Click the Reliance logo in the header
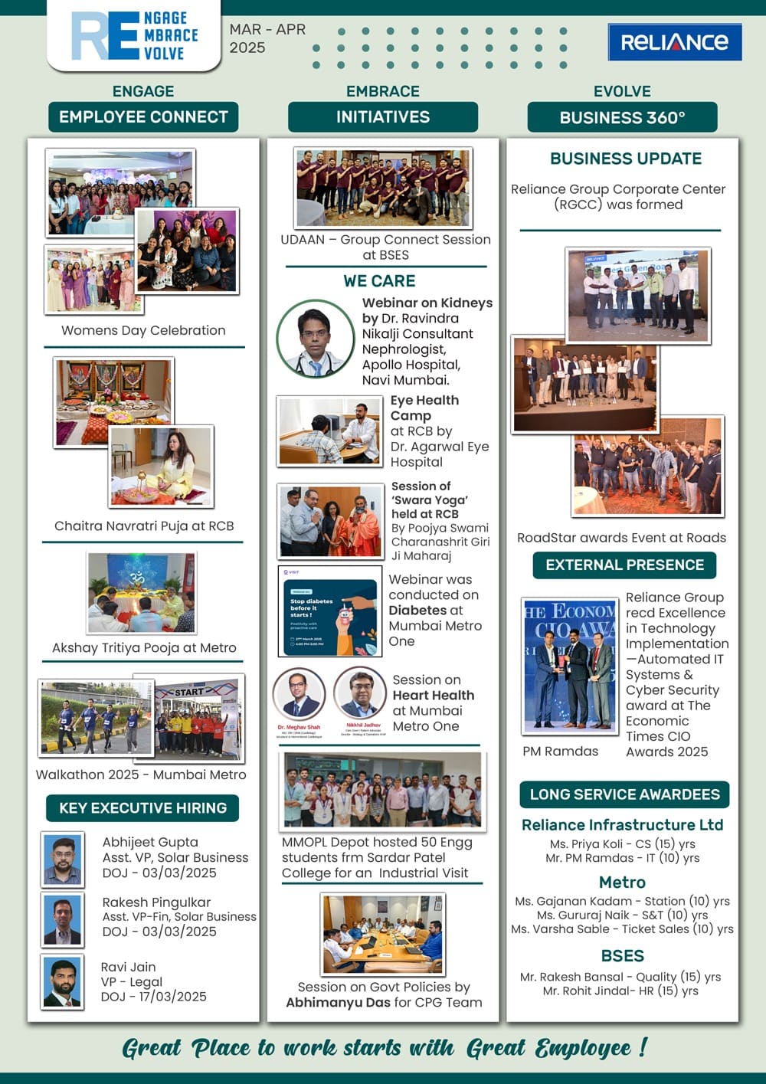(674, 41)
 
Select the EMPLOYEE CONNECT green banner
(143, 117)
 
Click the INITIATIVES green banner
(383, 117)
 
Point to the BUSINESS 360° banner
(622, 117)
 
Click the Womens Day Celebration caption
(143, 330)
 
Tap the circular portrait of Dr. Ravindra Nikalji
(315, 339)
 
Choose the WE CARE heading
(379, 281)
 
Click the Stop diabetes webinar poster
(329, 611)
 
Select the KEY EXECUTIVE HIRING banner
(142, 808)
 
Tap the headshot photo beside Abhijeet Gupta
(62, 859)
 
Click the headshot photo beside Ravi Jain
(62, 982)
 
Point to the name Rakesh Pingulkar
(156, 902)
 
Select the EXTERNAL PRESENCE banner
(624, 565)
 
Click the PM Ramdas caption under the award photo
(560, 752)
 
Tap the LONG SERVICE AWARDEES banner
(624, 794)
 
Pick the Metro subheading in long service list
(622, 883)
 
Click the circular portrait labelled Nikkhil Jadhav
(360, 693)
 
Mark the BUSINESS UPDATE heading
(625, 159)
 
